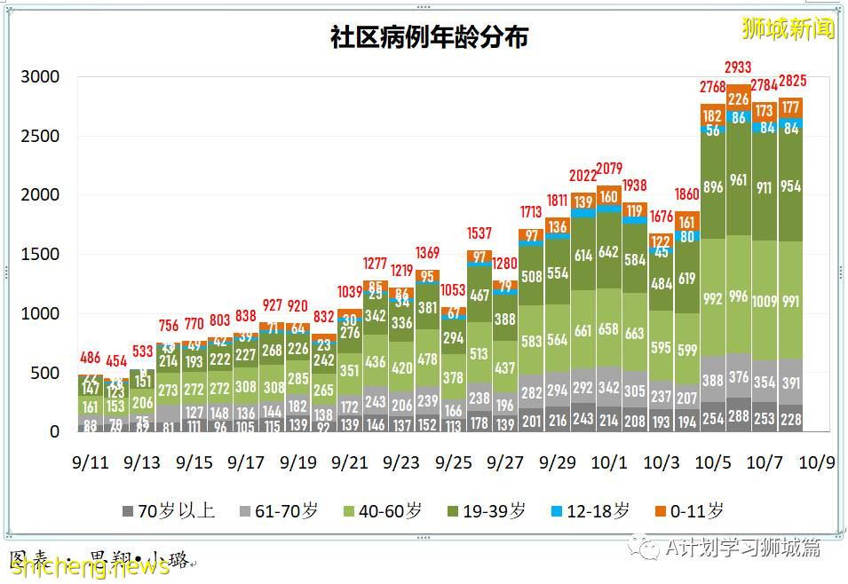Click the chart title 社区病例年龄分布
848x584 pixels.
click(x=429, y=37)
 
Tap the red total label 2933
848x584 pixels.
click(x=739, y=67)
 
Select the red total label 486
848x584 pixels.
click(x=90, y=358)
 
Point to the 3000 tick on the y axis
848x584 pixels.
click(x=41, y=77)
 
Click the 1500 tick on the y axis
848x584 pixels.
click(x=41, y=255)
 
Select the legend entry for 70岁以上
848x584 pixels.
click(x=168, y=511)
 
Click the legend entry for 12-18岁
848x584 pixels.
click(x=590, y=511)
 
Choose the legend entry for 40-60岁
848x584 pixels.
click(x=382, y=511)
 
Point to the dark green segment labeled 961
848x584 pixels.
click(x=739, y=180)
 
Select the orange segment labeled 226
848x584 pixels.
click(x=739, y=99)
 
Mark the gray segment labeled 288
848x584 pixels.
click(x=739, y=415)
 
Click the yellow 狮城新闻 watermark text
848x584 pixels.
click(x=789, y=28)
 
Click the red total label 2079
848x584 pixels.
click(x=609, y=169)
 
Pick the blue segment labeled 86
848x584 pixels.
click(x=739, y=117)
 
